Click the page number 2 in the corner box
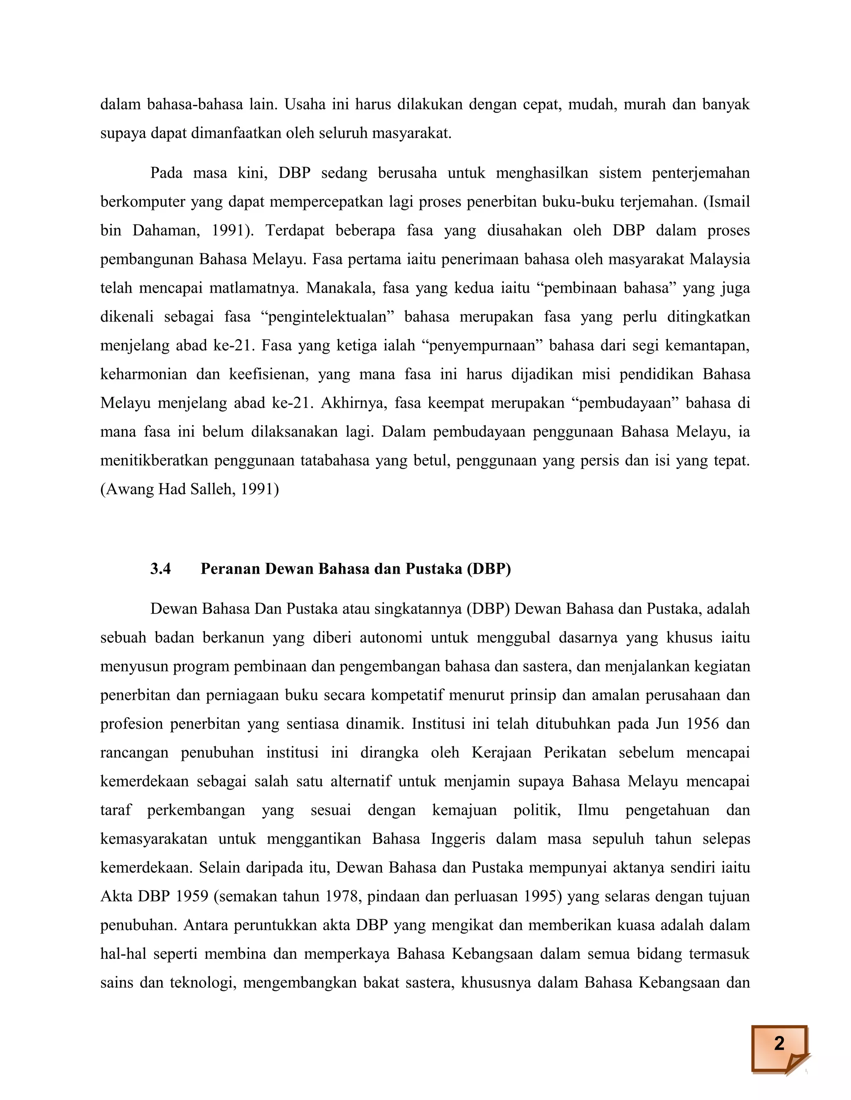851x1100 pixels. pyautogui.click(x=779, y=1043)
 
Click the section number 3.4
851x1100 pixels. pyautogui.click(x=160, y=569)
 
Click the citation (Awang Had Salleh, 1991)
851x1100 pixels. pyautogui.click(x=189, y=489)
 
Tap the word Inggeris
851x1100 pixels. pyautogui.click(x=458, y=838)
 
